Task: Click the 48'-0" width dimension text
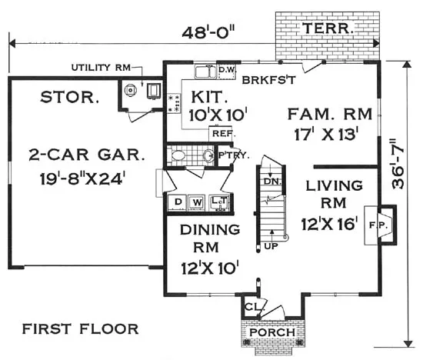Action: (x=208, y=32)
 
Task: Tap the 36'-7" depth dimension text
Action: (x=398, y=164)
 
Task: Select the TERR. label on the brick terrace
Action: (x=328, y=28)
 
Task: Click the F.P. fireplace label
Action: (x=378, y=225)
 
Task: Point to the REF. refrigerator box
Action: (x=221, y=134)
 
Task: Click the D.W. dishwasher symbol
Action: (x=227, y=72)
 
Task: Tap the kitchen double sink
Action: (x=205, y=72)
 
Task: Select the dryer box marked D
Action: (x=177, y=202)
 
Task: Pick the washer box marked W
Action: (x=197, y=202)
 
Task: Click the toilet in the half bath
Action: (x=176, y=155)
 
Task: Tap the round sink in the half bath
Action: (x=208, y=155)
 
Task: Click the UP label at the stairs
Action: (x=271, y=246)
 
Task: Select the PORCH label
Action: (x=272, y=332)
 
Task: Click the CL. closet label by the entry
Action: (x=255, y=307)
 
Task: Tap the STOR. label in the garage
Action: (x=69, y=97)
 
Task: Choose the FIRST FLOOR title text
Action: (x=80, y=329)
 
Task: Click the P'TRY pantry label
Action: (x=234, y=155)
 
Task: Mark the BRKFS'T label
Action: (x=268, y=80)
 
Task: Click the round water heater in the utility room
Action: (x=131, y=90)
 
